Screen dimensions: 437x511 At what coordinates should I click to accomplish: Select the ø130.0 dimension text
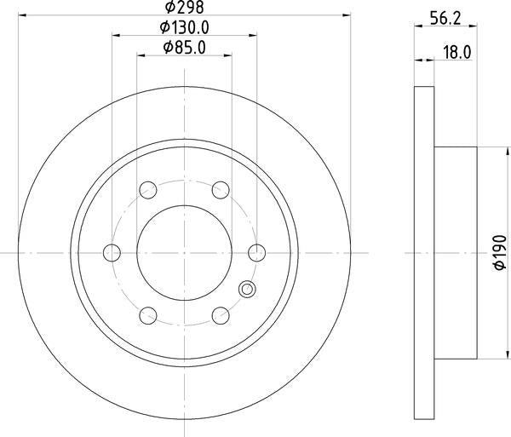(185, 27)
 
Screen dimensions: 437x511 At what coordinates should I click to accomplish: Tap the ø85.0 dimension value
(185, 49)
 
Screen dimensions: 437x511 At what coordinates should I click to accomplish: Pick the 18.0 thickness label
(457, 53)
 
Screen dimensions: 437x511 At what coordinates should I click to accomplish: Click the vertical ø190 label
(500, 253)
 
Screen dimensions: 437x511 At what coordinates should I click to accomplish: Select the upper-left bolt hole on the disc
(147, 189)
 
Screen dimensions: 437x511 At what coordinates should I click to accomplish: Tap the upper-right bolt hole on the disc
(221, 189)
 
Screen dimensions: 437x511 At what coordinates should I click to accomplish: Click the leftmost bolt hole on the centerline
(111, 252)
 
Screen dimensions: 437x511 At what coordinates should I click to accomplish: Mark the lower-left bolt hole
(147, 315)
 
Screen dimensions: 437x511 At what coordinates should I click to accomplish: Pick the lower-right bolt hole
(221, 315)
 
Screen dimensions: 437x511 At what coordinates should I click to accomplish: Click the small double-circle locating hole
(247, 290)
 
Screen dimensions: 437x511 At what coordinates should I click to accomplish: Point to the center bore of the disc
(185, 252)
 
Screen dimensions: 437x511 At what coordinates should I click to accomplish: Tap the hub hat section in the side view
(455, 252)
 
